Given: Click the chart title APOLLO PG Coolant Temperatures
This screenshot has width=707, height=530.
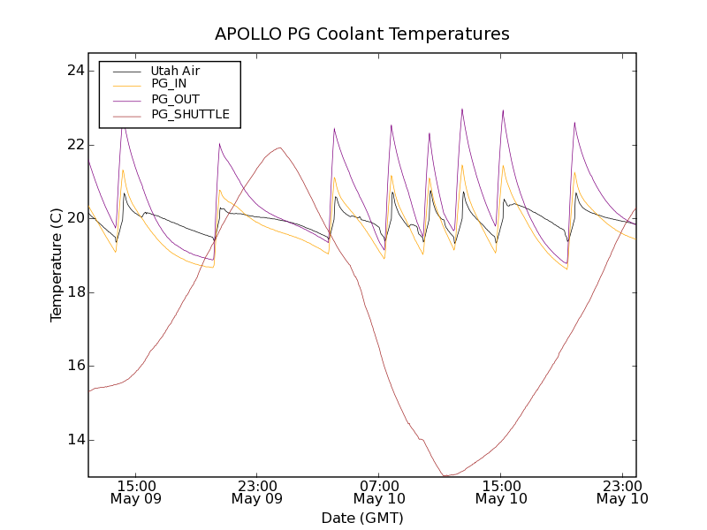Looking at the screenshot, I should coord(362,34).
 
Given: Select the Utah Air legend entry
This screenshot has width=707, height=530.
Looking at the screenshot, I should coord(175,71).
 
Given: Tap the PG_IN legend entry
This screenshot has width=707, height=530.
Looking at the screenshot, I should coord(169,84).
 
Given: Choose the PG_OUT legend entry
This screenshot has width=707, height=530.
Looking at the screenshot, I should coord(175,99).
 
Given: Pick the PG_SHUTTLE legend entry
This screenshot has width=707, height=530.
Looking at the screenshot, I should coord(190,114).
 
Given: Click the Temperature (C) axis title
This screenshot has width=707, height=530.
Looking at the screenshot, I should coord(57,265).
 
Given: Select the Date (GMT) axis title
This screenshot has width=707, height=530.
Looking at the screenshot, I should coord(362,518).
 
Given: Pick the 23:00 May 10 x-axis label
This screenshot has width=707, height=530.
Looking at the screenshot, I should coord(622,492).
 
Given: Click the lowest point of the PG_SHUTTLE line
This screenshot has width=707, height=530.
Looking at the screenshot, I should coord(446,476).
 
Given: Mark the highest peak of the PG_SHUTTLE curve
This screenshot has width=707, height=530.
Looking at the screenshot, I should coord(280,148).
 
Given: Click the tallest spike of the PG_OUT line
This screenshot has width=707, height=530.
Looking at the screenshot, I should coord(461,109).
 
